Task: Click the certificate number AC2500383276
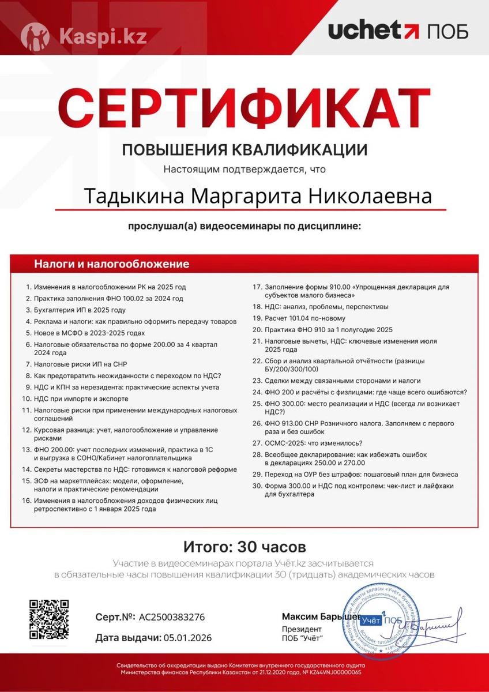(172, 617)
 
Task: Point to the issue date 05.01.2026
(188, 638)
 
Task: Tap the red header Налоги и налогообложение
(111, 265)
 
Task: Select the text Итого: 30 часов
(245, 546)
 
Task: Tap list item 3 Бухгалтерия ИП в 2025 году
(80, 310)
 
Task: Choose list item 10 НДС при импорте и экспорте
(81, 399)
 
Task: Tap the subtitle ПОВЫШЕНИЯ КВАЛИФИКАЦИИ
(245, 151)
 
